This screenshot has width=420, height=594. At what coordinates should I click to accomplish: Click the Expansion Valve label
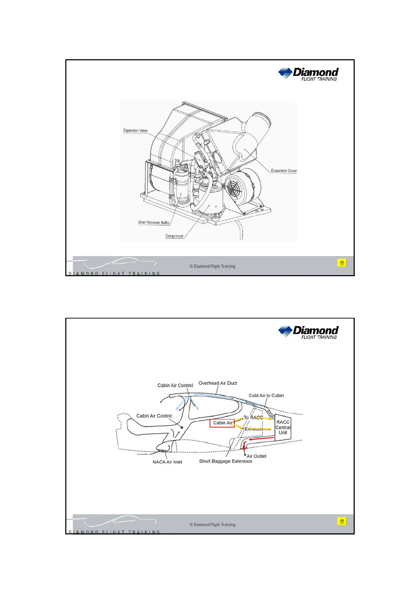135,131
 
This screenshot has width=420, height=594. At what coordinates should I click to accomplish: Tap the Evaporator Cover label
284,171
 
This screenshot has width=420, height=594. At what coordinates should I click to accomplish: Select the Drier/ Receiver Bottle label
154,223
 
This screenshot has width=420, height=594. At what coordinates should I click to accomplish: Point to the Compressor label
174,236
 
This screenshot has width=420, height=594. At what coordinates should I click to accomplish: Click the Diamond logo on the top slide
308,74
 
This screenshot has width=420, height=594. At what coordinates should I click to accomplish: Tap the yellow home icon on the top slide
342,263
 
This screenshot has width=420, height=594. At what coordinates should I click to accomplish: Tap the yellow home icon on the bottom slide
342,521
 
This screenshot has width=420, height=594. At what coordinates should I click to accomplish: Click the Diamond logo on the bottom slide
308,332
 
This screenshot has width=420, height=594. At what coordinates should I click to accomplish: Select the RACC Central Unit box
283,427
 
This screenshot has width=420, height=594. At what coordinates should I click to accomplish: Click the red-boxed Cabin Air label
222,423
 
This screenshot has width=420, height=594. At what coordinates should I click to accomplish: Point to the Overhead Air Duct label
217,383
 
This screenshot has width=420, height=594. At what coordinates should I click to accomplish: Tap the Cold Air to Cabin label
266,395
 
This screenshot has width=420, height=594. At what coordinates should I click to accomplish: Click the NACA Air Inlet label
167,462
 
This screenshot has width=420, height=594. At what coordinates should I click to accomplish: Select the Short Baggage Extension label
226,461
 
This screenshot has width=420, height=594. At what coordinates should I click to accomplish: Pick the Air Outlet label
257,456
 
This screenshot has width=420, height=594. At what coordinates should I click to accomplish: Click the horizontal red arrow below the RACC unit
261,439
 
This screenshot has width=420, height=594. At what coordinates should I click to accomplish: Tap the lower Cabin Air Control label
154,416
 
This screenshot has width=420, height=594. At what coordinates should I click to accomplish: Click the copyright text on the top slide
212,266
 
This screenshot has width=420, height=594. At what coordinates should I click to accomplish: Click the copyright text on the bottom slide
212,525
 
